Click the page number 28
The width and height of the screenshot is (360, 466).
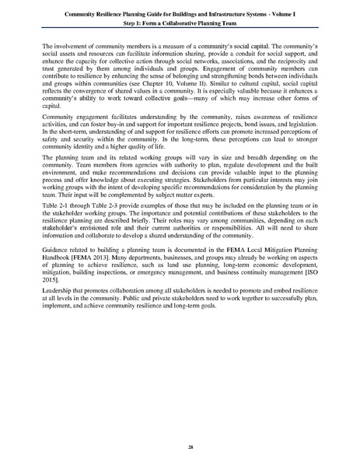tap(180, 447)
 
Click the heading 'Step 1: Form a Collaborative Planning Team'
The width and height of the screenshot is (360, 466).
tap(180, 24)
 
